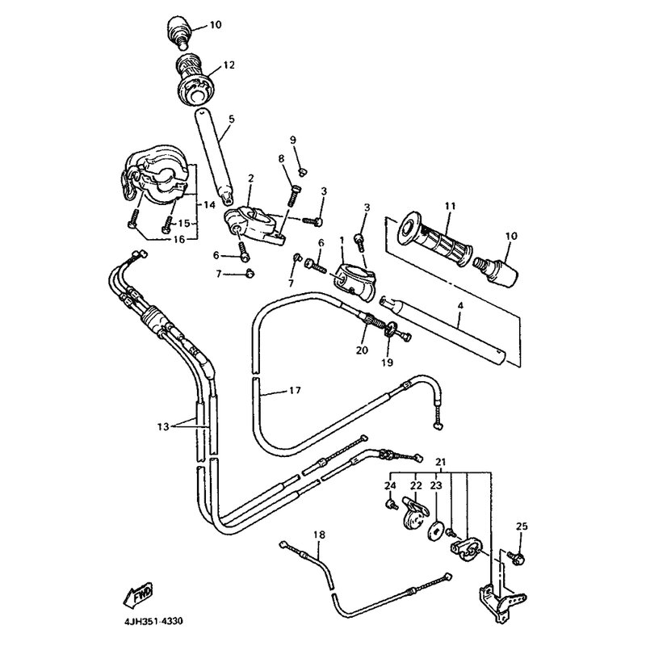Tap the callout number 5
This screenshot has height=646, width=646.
pos(231,120)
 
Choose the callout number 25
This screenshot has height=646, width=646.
pos(521,526)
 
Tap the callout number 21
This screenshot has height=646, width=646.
pos(440,461)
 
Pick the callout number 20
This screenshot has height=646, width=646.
pos(361,349)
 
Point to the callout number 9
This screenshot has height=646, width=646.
pos(293,141)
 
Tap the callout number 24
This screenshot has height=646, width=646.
pos(391,485)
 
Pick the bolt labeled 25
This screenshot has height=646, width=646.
pos(518,557)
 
